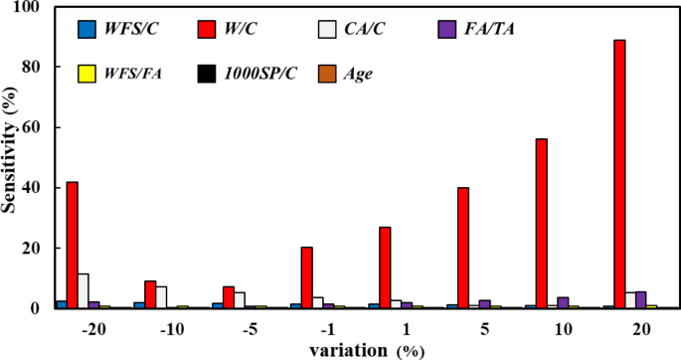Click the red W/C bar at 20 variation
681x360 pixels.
click(619, 174)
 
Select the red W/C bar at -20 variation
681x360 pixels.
click(73, 245)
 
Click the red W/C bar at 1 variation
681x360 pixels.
click(385, 268)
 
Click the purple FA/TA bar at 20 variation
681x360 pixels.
click(641, 299)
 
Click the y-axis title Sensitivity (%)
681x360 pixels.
click(12, 157)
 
